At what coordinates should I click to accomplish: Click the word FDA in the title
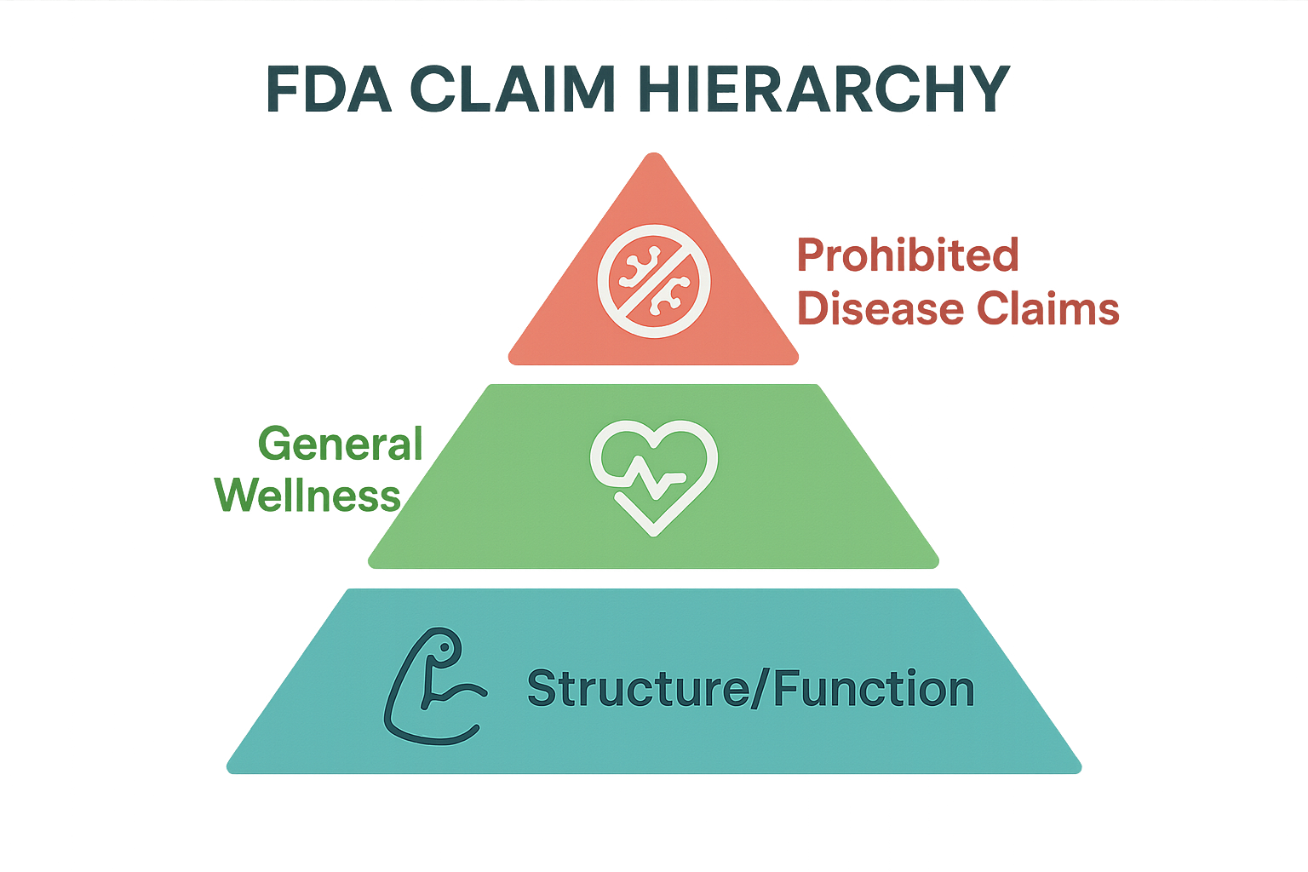329,88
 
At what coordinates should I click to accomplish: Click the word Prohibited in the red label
908,255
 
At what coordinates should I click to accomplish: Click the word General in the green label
341,445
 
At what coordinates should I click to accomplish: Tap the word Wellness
307,496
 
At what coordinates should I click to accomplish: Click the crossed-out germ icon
654,281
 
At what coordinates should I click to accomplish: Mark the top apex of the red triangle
653,154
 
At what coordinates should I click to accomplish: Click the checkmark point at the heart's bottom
653,532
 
